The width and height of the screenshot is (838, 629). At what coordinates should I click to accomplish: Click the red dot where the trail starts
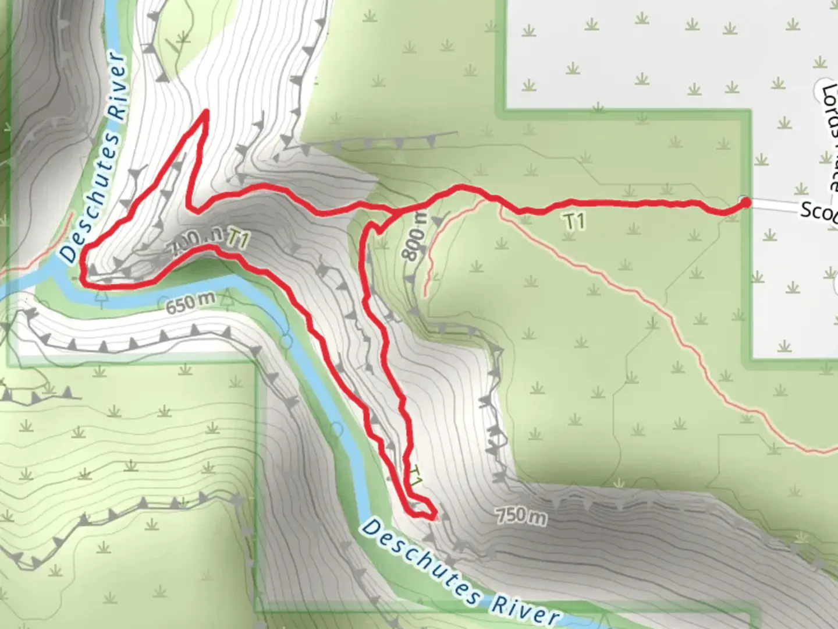[744, 202]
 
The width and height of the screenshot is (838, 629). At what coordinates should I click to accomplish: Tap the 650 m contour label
[190, 302]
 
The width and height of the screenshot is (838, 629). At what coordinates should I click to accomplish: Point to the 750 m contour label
[521, 515]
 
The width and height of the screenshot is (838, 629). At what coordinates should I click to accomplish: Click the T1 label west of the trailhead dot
[574, 221]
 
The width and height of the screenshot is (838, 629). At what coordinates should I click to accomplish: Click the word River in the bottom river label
[524, 609]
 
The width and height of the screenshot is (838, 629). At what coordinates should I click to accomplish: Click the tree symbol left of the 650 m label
[102, 300]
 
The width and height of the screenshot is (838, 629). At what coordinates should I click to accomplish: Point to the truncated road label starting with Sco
[818, 211]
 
